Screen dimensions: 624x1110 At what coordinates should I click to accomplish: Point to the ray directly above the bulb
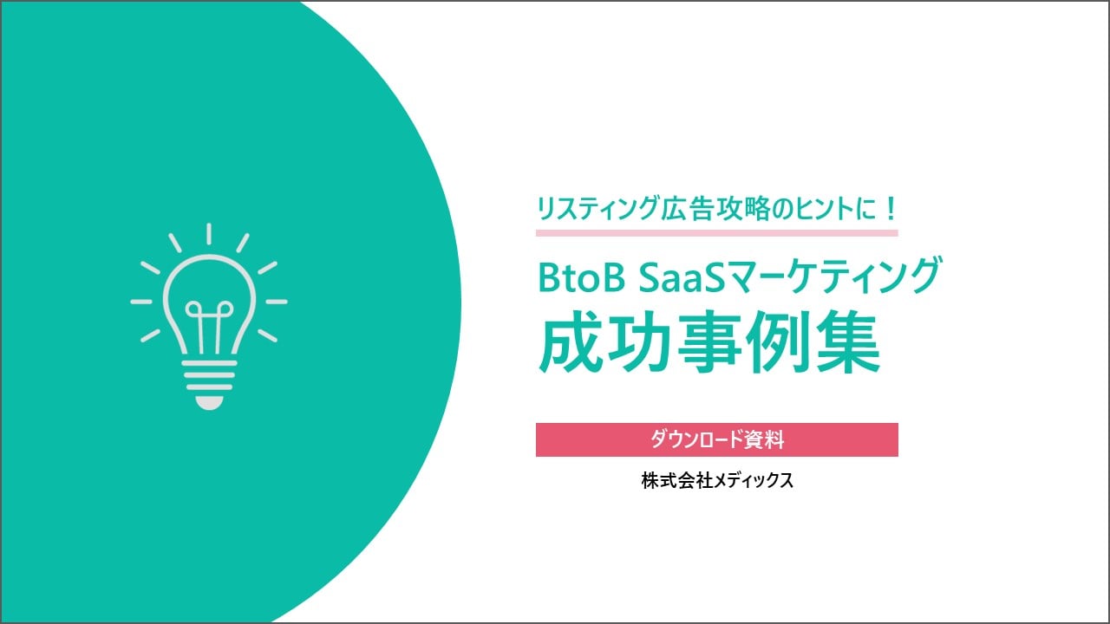[209, 234]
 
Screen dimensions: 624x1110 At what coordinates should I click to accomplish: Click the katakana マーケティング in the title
[833, 277]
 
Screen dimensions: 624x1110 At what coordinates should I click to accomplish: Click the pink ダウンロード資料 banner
[716, 439]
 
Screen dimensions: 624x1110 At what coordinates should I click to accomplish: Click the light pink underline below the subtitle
[716, 232]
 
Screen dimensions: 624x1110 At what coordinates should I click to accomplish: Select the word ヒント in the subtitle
[807, 209]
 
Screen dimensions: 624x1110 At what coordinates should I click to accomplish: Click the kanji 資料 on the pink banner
[764, 439]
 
